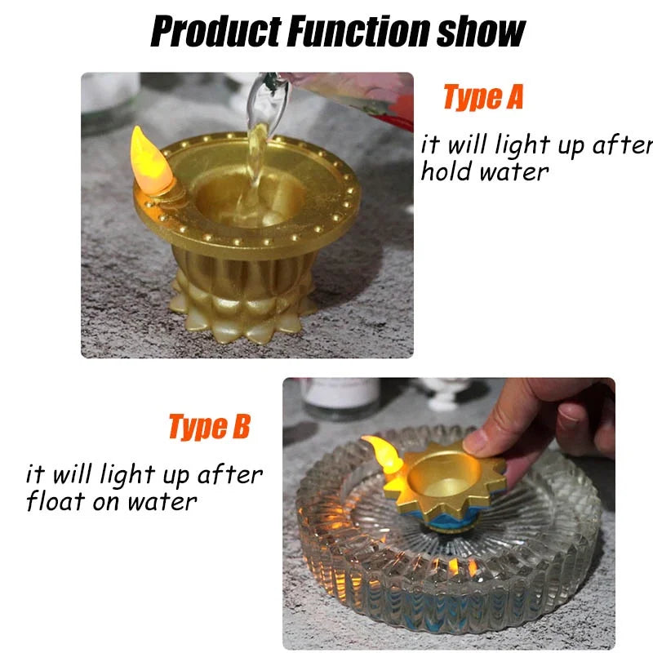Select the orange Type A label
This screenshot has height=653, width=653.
482,97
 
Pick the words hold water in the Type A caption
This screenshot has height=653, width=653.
485,172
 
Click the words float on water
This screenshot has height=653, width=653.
111,500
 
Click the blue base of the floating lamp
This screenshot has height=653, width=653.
442,517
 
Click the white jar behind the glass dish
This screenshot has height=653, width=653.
341,398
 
